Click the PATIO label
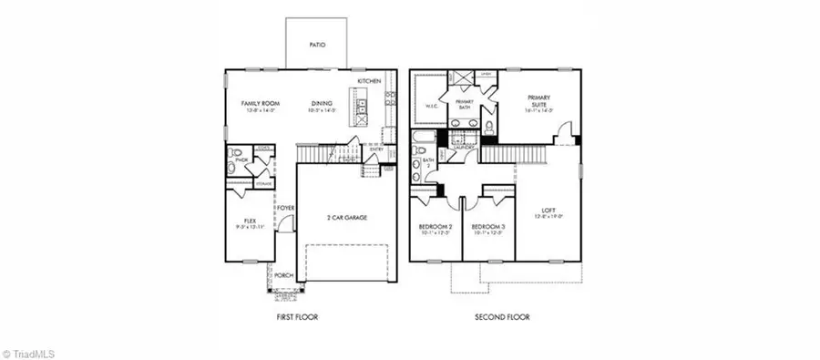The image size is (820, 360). tap(316, 44)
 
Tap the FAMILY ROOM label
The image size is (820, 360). tap(260, 104)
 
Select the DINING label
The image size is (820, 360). tap(321, 104)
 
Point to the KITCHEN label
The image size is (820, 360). tap(369, 82)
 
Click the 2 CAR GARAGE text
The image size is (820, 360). tap(346, 218)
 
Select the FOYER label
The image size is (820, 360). tap(286, 208)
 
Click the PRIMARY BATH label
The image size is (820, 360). tap(465, 105)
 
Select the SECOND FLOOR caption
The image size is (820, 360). tap(501, 317)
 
